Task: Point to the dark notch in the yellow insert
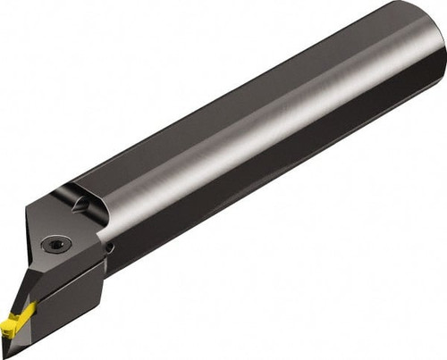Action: coord(21,314)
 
